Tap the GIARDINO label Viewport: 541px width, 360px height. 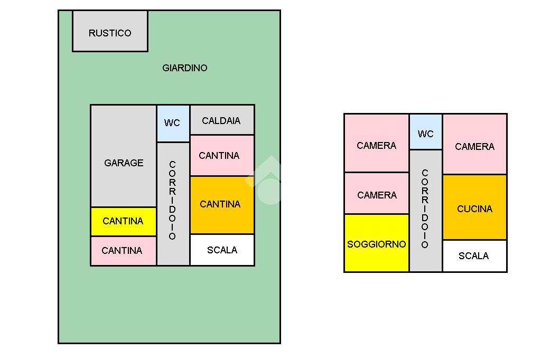pos(184,68)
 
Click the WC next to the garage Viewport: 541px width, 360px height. pos(172,123)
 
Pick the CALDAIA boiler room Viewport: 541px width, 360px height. pos(221,120)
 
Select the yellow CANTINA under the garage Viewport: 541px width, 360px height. pos(123,221)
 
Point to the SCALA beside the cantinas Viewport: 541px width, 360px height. pos(222,250)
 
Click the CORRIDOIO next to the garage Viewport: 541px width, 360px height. pos(172,201)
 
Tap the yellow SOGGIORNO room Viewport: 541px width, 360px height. pos(376,244)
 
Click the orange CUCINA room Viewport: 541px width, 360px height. pos(474,208)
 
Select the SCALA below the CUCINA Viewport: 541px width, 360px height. pos(474,256)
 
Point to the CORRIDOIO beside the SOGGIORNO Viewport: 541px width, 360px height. pos(425,210)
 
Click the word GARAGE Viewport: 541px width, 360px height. pos(124,163)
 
